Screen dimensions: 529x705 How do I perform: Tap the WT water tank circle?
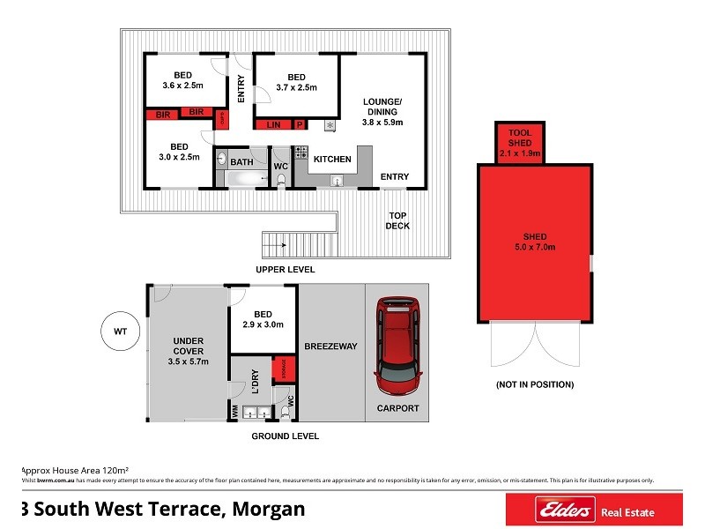coord(121,332)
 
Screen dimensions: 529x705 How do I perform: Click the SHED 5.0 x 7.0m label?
coord(535,242)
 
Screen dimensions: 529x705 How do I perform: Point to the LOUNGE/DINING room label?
coord(382,113)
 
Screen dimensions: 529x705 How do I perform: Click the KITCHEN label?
coord(333,160)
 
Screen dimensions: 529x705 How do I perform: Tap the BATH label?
coord(241,162)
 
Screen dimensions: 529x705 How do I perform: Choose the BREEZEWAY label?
coord(330,346)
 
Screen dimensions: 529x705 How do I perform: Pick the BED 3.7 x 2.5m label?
coord(296,82)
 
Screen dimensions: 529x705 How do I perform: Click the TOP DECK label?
coord(397,220)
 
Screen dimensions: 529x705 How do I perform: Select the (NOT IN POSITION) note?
coord(535,384)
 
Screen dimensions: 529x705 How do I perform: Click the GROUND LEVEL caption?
coord(285,436)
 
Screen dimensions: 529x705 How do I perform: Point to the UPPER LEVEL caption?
coord(285,269)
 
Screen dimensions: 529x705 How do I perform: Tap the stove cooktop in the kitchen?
coord(301,152)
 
